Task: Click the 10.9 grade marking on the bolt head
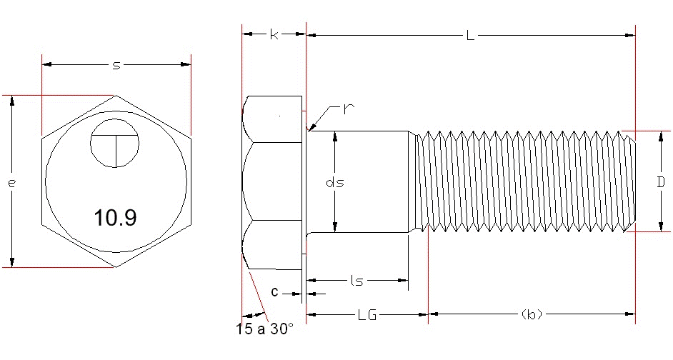[115, 218]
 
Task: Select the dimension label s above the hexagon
[116, 65]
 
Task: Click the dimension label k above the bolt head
[274, 34]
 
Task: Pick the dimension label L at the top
[470, 34]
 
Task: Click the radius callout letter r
[349, 109]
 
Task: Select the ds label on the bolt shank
[334, 182]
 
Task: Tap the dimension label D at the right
[661, 181]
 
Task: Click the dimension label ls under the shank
[357, 281]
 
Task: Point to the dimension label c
[274, 292]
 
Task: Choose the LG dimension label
[367, 314]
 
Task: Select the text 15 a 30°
[264, 329]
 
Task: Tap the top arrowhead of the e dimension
[12, 101]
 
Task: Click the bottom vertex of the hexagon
[116, 267]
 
